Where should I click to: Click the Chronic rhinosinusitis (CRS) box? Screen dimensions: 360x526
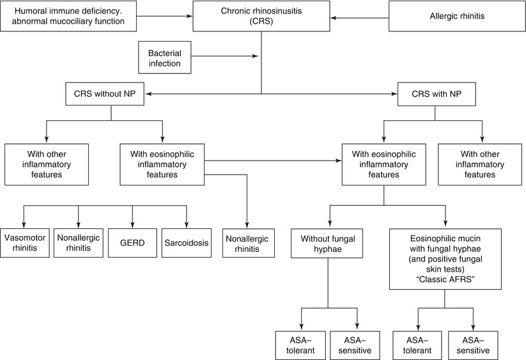tap(260, 16)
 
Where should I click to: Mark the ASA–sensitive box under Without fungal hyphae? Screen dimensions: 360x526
tap(356, 345)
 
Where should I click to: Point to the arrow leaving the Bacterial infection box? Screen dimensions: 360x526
tap(224, 56)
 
